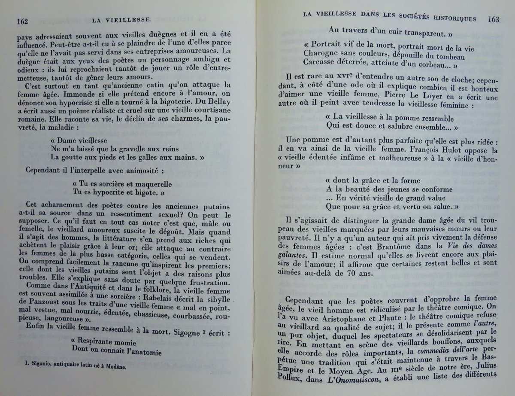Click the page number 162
22,20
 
